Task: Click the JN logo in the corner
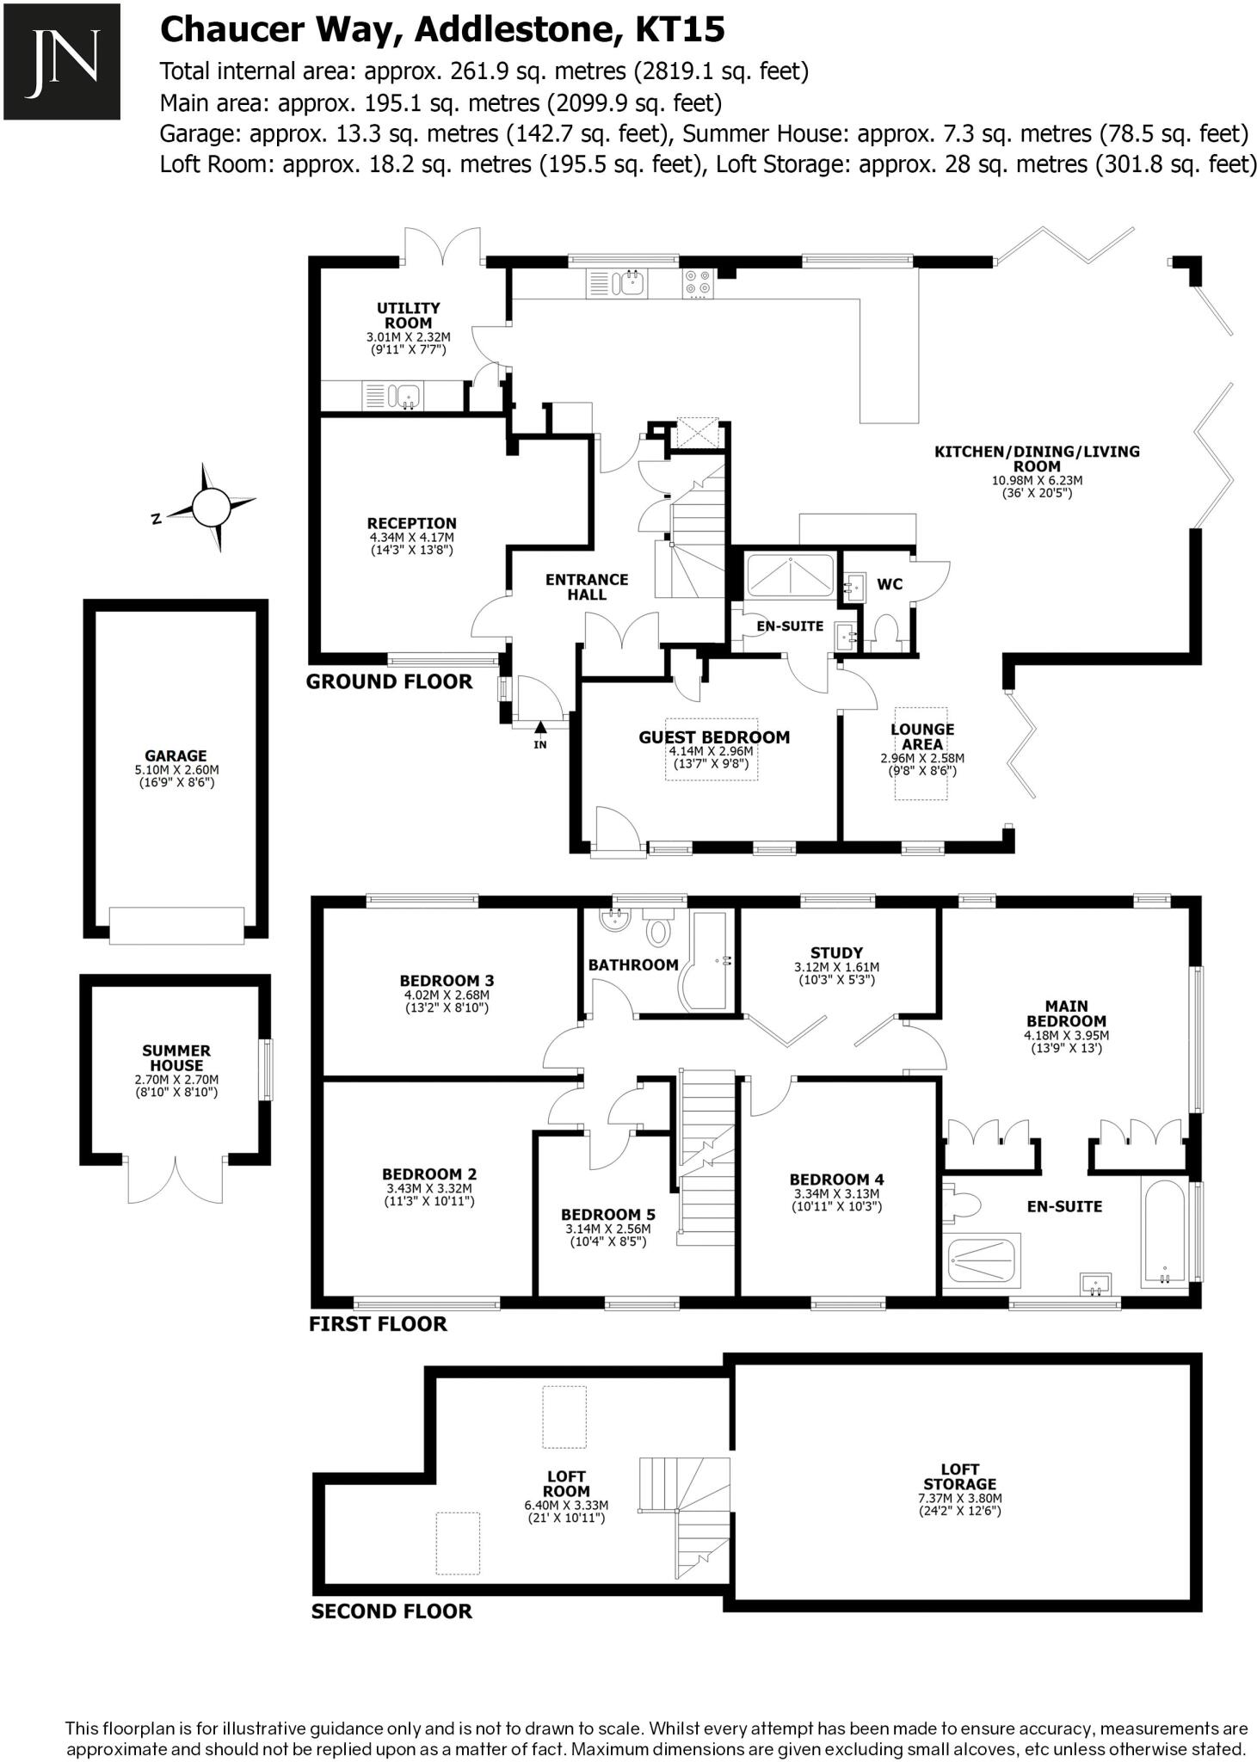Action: point(61,61)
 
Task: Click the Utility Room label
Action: point(408,315)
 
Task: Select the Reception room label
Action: point(411,523)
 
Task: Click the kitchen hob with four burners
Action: point(697,284)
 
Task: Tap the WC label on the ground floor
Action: point(889,584)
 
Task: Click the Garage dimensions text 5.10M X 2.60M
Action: point(176,770)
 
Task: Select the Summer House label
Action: point(176,1057)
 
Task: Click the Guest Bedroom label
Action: point(713,736)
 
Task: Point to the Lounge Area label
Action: point(922,736)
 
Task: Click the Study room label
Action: point(836,952)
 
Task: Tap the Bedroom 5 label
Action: point(607,1214)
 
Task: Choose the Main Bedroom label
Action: point(1066,1013)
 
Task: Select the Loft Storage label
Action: point(959,1476)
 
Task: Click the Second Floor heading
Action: point(391,1611)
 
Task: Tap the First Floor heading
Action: point(378,1323)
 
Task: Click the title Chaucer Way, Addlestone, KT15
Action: point(442,31)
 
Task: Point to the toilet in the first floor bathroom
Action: point(659,930)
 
